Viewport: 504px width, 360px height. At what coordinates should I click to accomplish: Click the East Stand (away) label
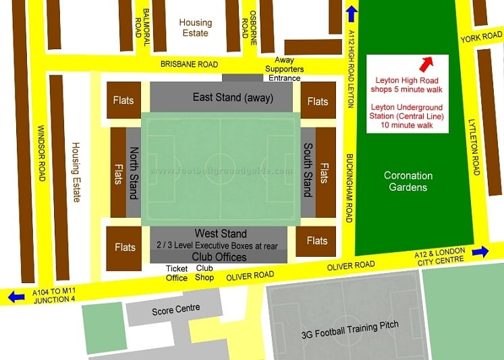tap(233, 98)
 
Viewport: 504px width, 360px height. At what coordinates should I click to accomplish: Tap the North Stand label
tap(134, 171)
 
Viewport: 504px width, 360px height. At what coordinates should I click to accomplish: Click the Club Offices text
tap(219, 257)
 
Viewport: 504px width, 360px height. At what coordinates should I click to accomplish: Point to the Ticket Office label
tap(177, 272)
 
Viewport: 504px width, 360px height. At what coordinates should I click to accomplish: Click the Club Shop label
tap(204, 272)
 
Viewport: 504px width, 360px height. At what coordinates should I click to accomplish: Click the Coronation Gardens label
tap(408, 181)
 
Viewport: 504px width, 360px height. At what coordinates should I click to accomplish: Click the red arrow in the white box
tap(425, 64)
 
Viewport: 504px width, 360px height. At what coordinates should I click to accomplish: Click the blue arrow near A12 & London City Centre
tap(480, 251)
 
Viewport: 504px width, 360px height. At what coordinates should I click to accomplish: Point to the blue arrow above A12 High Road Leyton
tap(352, 14)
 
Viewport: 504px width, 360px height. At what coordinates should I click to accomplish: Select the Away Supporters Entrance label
tap(283, 73)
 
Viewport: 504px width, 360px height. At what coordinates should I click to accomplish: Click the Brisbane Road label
tap(189, 64)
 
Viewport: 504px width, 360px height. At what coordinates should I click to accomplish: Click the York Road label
tap(481, 38)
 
